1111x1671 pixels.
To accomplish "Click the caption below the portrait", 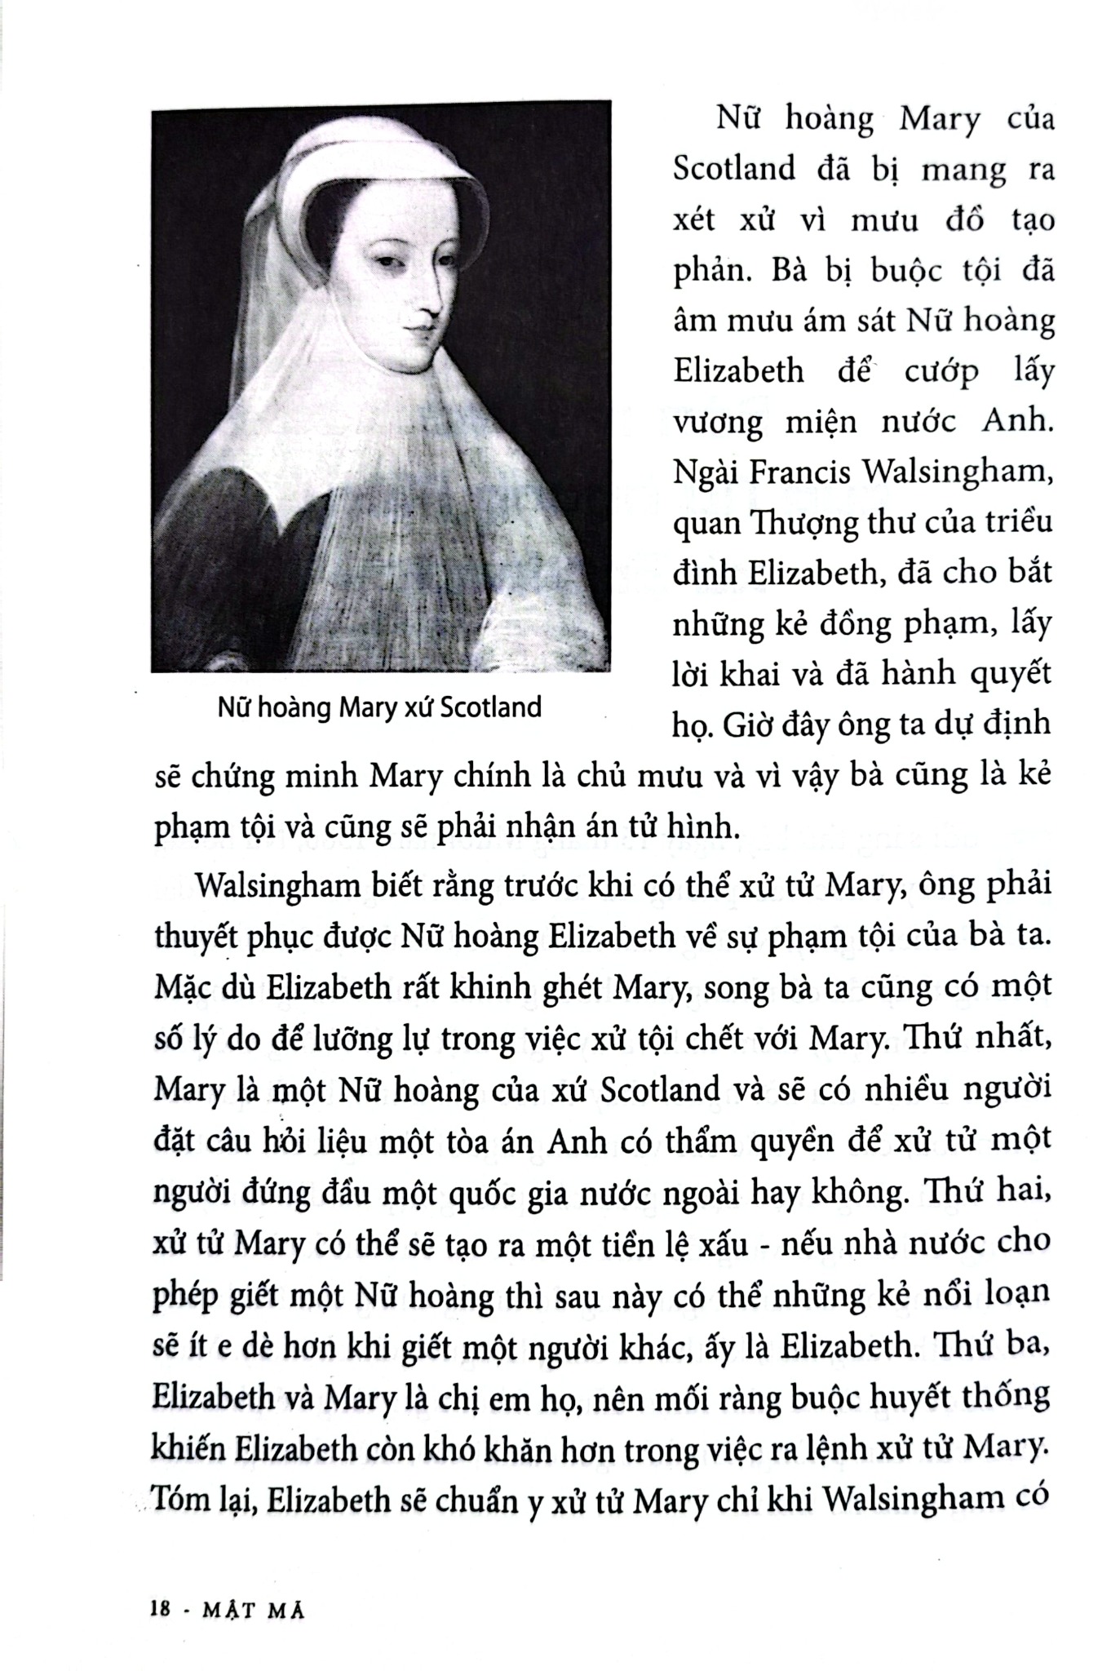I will (379, 707).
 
